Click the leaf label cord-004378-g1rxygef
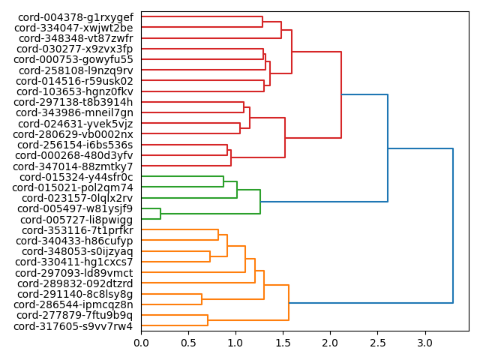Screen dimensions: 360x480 tap(73, 17)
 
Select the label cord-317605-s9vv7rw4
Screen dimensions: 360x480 tap(73, 326)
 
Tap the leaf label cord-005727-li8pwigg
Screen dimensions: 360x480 tap(76, 220)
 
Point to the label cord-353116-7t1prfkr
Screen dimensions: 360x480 tap(77, 230)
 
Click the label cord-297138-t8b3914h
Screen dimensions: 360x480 tap(73, 102)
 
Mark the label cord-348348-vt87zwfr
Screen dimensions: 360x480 tap(76, 38)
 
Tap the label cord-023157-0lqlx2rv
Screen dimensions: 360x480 tap(77, 198)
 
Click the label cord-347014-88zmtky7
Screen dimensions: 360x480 tap(73, 166)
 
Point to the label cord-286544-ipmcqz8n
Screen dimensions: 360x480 tap(73, 304)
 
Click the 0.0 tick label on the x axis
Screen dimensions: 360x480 tap(141, 343)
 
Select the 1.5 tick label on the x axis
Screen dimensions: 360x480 tap(283, 343)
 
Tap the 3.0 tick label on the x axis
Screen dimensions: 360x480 tap(425, 343)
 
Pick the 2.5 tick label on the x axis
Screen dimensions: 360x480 tap(378, 343)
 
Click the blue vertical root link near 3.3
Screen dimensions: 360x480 tap(453, 226)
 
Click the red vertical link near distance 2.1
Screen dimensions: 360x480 tap(341, 94)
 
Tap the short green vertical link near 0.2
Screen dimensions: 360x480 tap(160, 214)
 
